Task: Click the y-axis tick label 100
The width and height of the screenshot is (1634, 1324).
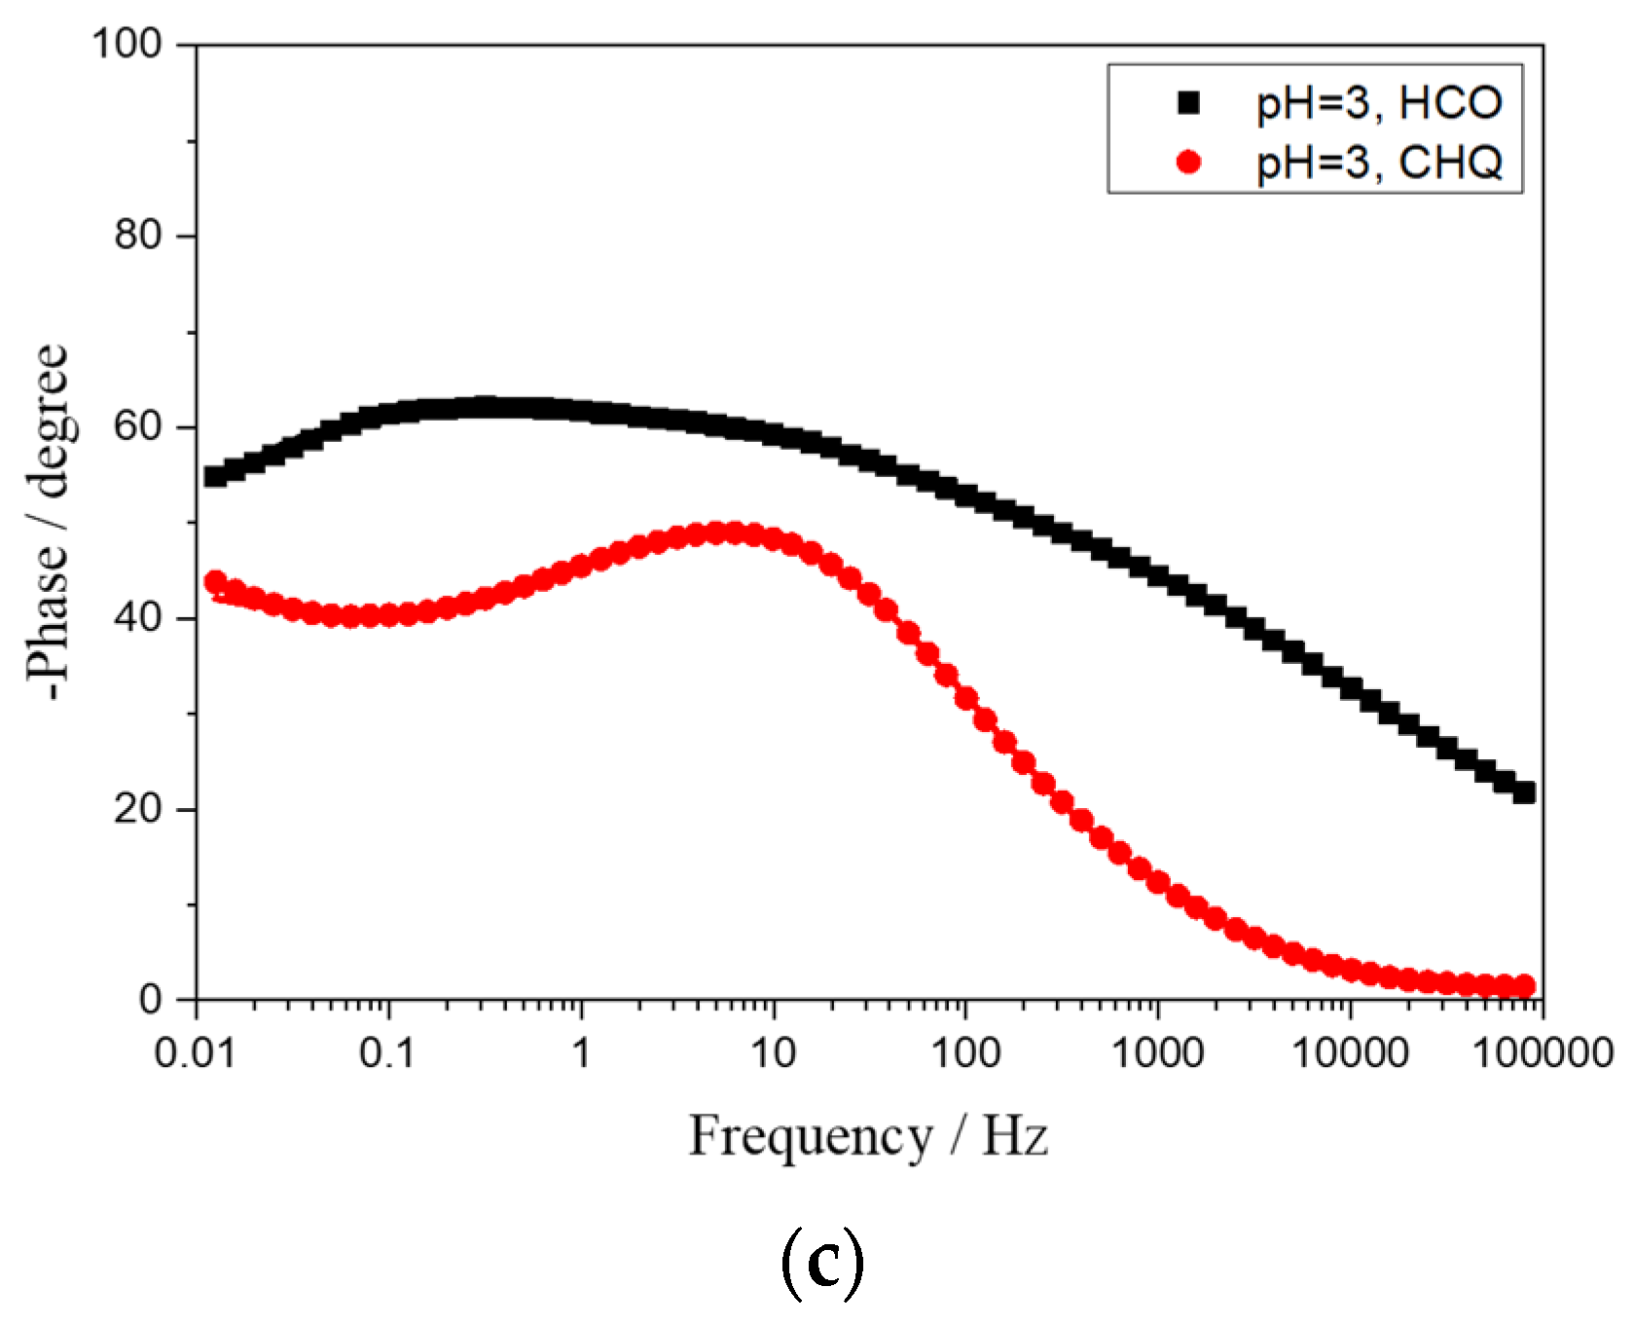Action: pos(126,44)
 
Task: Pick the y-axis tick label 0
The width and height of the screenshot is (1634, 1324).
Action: pos(150,1000)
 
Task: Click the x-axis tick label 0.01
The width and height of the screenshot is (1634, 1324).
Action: pos(195,1052)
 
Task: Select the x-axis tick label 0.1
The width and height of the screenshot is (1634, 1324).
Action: pos(387,1052)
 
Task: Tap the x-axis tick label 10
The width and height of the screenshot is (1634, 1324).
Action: pos(773,1052)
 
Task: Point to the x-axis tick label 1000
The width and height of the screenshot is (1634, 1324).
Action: pos(1156,1052)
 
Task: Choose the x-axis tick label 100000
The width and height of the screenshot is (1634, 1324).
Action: pos(1543,1052)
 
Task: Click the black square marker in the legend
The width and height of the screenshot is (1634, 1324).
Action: pos(1188,102)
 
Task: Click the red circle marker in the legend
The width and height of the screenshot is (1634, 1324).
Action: pos(1188,162)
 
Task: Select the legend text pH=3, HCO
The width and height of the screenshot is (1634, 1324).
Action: pos(1379,103)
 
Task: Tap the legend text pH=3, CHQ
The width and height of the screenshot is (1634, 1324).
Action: pos(1379,163)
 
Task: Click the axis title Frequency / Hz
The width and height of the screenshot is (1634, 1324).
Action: pos(868,1136)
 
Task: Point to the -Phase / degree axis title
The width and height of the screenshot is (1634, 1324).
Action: pos(47,522)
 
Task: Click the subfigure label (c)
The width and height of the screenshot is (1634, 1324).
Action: pos(821,1263)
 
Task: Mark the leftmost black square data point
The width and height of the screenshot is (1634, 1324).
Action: pos(215,476)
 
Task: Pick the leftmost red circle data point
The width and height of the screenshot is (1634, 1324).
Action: pos(215,582)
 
